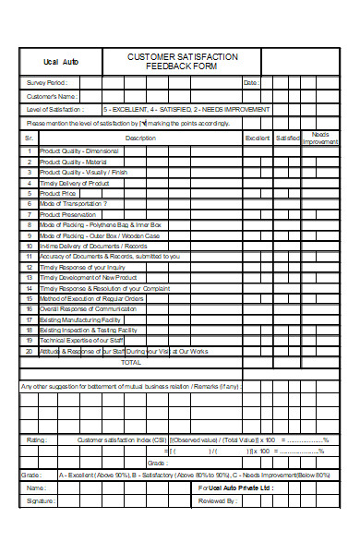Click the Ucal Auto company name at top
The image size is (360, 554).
[57, 62]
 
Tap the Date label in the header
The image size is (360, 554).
[251, 83]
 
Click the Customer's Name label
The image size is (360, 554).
[52, 96]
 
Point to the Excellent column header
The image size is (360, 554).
[257, 138]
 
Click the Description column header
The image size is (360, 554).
[140, 138]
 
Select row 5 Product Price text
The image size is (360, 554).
[58, 193]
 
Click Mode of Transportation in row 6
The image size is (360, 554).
[73, 203]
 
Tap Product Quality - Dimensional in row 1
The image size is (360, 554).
[78, 151]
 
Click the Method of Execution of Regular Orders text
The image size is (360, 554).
[91, 298]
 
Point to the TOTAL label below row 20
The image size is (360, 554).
[132, 362]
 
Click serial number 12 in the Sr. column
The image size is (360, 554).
[29, 267]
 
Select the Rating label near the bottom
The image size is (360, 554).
[37, 440]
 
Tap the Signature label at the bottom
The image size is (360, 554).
[42, 500]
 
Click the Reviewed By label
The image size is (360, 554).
[218, 500]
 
